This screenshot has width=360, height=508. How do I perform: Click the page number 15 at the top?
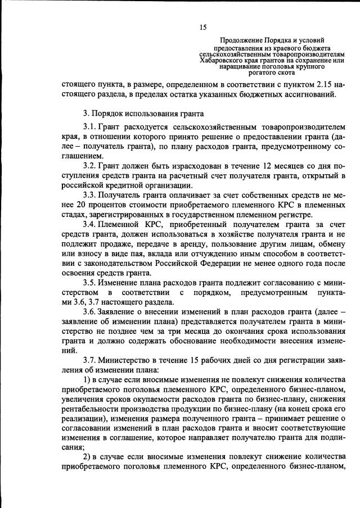tap(203, 27)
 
